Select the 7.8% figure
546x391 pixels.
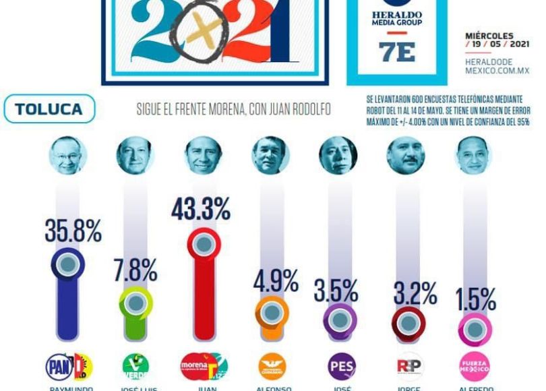[x=135, y=270]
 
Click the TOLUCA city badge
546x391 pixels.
[x=49, y=109]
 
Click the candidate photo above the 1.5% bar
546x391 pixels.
[x=473, y=154]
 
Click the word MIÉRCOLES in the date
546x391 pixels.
[x=489, y=36]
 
